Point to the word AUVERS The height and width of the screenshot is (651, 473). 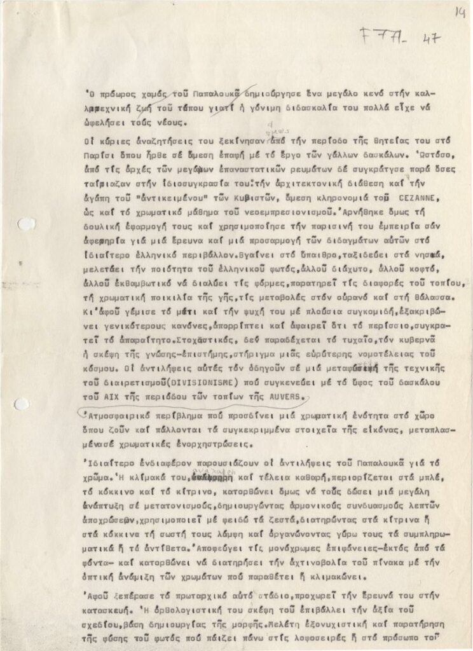pyautogui.click(x=286, y=397)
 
